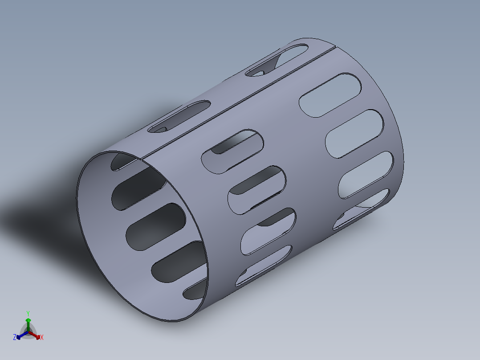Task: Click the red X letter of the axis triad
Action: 42,338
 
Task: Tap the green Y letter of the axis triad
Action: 28,313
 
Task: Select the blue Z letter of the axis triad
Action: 15,338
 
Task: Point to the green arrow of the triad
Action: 28,322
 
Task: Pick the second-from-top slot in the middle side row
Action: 256,190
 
